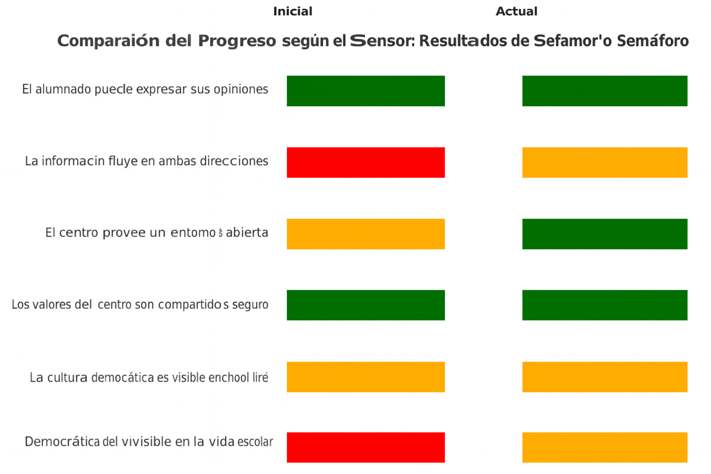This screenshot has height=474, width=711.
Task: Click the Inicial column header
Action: (x=293, y=12)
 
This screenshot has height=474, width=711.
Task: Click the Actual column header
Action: (x=516, y=12)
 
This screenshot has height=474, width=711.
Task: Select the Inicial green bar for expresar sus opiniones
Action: (x=366, y=91)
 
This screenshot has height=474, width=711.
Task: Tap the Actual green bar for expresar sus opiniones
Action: (x=605, y=91)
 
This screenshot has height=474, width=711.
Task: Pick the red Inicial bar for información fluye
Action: (x=366, y=162)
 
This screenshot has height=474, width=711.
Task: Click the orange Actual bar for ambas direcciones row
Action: (x=605, y=162)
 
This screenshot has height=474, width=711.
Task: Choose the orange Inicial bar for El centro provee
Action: (x=366, y=234)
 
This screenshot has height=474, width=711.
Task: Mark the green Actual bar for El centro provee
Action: (x=605, y=234)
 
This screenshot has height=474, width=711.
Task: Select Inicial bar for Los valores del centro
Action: (x=366, y=305)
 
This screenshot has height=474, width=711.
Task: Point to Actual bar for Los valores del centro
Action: (x=605, y=305)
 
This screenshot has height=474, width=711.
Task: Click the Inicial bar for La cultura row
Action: (x=366, y=377)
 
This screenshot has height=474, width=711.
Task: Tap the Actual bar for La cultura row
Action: (x=605, y=377)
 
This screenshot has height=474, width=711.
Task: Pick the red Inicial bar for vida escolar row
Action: (x=366, y=447)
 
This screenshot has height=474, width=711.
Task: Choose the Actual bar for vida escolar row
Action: (x=605, y=447)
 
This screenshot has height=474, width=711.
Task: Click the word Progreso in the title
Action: (x=237, y=41)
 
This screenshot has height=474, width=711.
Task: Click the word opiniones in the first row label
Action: (x=241, y=89)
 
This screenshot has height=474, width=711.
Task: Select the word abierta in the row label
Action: (x=247, y=232)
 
